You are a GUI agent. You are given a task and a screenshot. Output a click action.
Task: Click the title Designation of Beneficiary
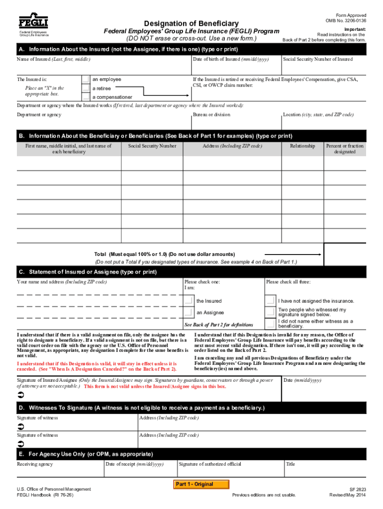[x=191, y=23]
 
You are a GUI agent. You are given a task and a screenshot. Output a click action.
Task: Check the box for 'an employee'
[x=86, y=80]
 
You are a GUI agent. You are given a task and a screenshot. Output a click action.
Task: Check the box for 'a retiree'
[x=86, y=88]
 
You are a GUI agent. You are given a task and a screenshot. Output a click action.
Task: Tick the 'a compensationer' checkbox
[x=86, y=97]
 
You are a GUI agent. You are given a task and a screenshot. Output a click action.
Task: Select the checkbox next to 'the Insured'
[x=189, y=301]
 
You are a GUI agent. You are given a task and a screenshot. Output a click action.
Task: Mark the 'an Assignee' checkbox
[x=189, y=313]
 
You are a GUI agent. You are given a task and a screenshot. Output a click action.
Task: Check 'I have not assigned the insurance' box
[x=270, y=301]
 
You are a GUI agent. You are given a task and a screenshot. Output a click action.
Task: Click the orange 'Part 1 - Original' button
[x=201, y=484]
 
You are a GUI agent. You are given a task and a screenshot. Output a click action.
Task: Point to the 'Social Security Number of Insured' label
[x=317, y=59]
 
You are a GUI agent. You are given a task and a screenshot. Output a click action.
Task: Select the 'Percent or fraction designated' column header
[x=345, y=149]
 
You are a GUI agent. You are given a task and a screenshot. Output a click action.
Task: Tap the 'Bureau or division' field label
[x=211, y=115]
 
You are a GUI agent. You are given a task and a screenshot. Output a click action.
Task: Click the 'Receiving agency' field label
[x=35, y=464]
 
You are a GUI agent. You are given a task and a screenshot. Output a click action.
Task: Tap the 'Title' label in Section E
[x=290, y=464]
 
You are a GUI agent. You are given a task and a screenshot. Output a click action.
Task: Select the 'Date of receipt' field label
[x=134, y=464]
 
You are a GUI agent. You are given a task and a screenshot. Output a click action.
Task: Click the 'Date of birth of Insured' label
[x=231, y=59]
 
